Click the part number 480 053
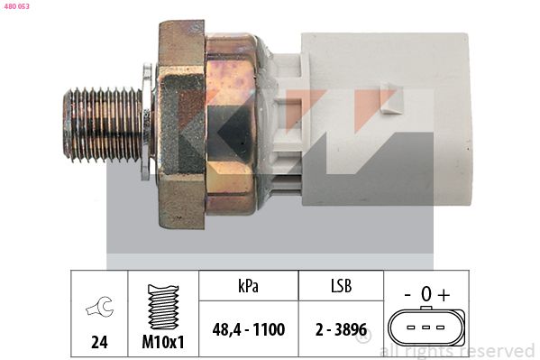pos(17,6)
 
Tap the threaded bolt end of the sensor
pos(104,125)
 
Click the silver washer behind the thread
pos(147,122)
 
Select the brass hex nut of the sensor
pos(181,125)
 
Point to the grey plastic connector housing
pos(386,119)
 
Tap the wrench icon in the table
pos(99,306)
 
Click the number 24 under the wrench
pos(99,342)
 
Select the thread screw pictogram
pos(163,307)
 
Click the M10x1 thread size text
pos(163,342)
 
